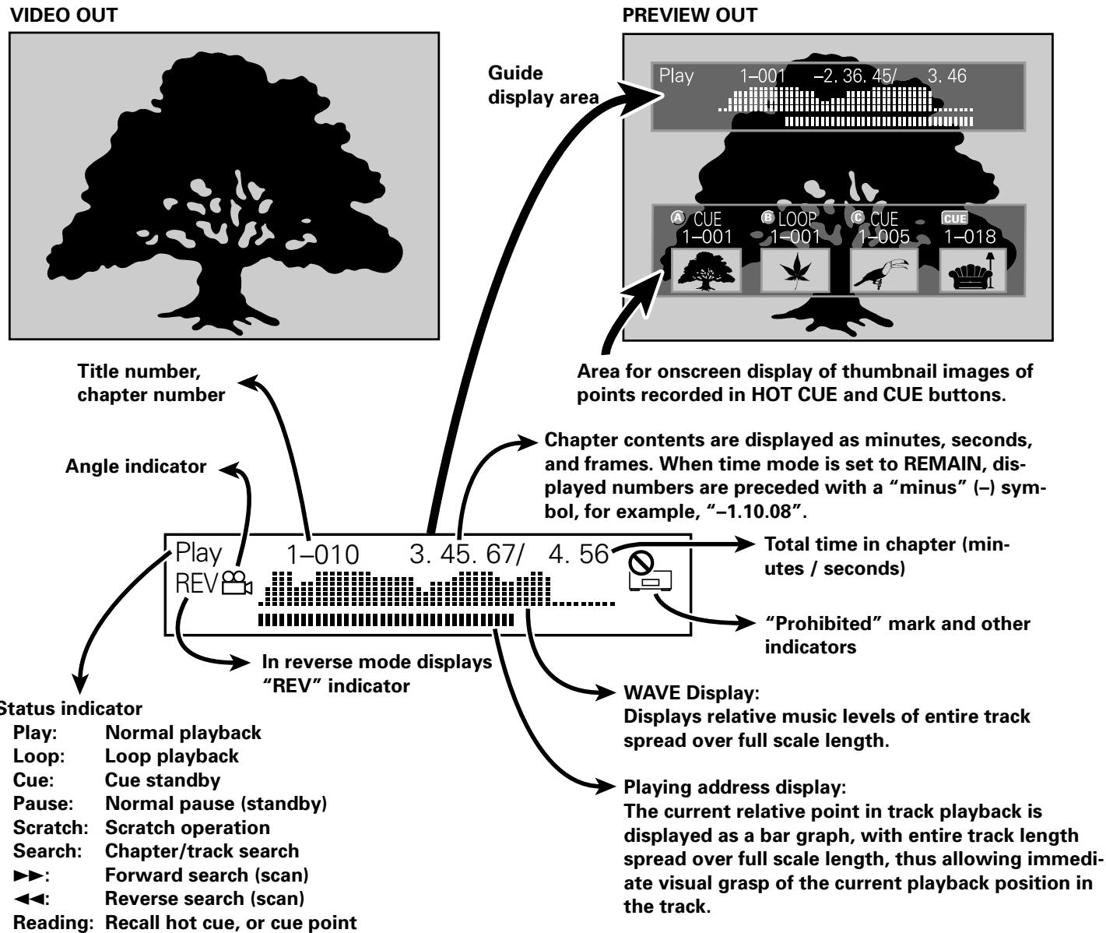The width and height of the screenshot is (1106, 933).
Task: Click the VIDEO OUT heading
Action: pyautogui.click(x=64, y=16)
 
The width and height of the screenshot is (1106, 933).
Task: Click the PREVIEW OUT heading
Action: pyautogui.click(x=689, y=16)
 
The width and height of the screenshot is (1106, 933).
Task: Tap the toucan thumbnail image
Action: pyautogui.click(x=883, y=271)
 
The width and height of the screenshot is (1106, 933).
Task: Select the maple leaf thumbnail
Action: pyautogui.click(x=795, y=271)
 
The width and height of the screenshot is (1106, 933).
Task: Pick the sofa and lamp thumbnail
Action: pyautogui.click(x=973, y=271)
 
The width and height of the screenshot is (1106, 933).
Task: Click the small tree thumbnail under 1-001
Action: pyautogui.click(x=705, y=271)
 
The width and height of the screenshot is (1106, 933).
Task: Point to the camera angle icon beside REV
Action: pyautogui.click(x=237, y=583)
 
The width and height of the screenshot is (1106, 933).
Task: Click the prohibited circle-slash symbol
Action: pyautogui.click(x=641, y=563)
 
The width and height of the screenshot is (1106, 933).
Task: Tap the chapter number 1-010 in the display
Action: pyautogui.click(x=322, y=555)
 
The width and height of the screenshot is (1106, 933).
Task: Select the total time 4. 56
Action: pyautogui.click(x=578, y=555)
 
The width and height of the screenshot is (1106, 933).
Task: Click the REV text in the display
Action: pyautogui.click(x=196, y=583)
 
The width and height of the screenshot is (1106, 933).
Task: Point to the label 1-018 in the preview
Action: pyautogui.click(x=970, y=237)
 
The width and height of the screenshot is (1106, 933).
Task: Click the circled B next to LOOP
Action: pyautogui.click(x=767, y=217)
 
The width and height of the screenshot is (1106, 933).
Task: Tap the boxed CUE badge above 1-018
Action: pyautogui.click(x=954, y=218)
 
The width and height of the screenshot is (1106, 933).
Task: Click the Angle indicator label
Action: pyautogui.click(x=135, y=466)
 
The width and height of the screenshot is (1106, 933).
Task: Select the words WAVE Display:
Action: pyautogui.click(x=691, y=693)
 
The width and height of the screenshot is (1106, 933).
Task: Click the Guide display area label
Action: pyautogui.click(x=543, y=85)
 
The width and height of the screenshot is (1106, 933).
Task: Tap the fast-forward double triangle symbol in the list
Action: pyautogui.click(x=30, y=875)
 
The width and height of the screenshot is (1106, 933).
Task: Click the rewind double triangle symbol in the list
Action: pyautogui.click(x=30, y=899)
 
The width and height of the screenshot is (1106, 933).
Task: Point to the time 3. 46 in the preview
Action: pyautogui.click(x=947, y=76)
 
